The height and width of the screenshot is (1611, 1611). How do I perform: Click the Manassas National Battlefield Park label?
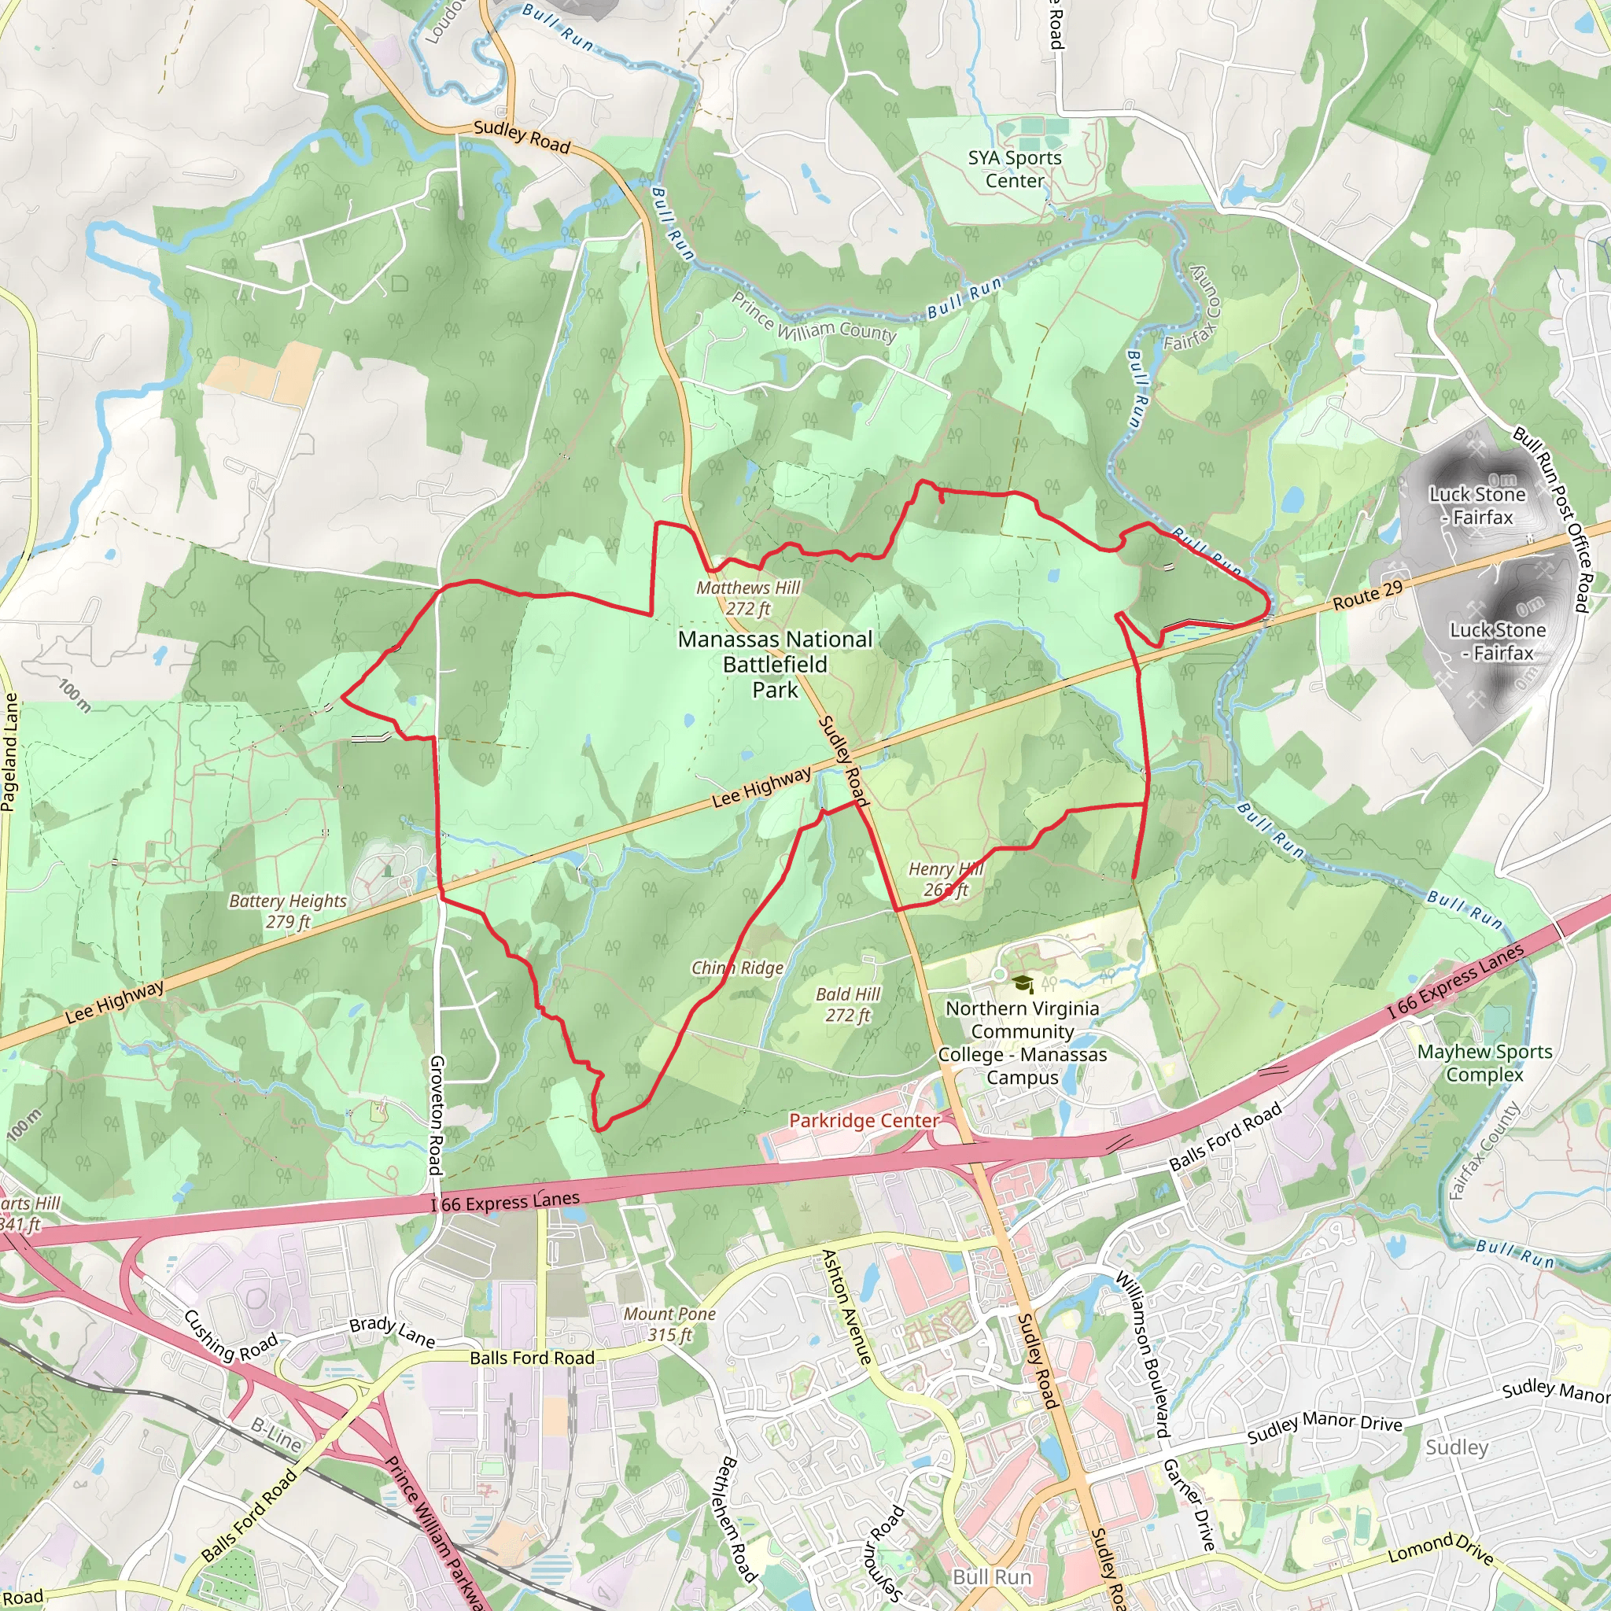776,665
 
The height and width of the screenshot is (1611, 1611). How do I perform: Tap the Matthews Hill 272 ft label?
748,598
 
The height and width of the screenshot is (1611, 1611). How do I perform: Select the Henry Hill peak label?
946,879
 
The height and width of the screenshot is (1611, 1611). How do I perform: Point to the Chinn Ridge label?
737,968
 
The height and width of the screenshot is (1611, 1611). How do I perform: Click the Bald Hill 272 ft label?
848,1004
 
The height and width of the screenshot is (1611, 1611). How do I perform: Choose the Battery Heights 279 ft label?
288,911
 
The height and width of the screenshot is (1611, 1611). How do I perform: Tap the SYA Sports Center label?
1015,169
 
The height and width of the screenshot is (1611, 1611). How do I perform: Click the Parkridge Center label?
864,1120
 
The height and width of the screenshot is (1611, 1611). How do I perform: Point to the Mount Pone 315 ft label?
669,1324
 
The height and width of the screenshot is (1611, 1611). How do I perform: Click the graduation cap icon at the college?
1023,984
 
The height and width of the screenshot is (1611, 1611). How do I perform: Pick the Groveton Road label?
436,1115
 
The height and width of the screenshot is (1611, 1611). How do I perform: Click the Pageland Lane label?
10,751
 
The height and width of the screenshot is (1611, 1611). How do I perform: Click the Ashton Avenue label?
846,1306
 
